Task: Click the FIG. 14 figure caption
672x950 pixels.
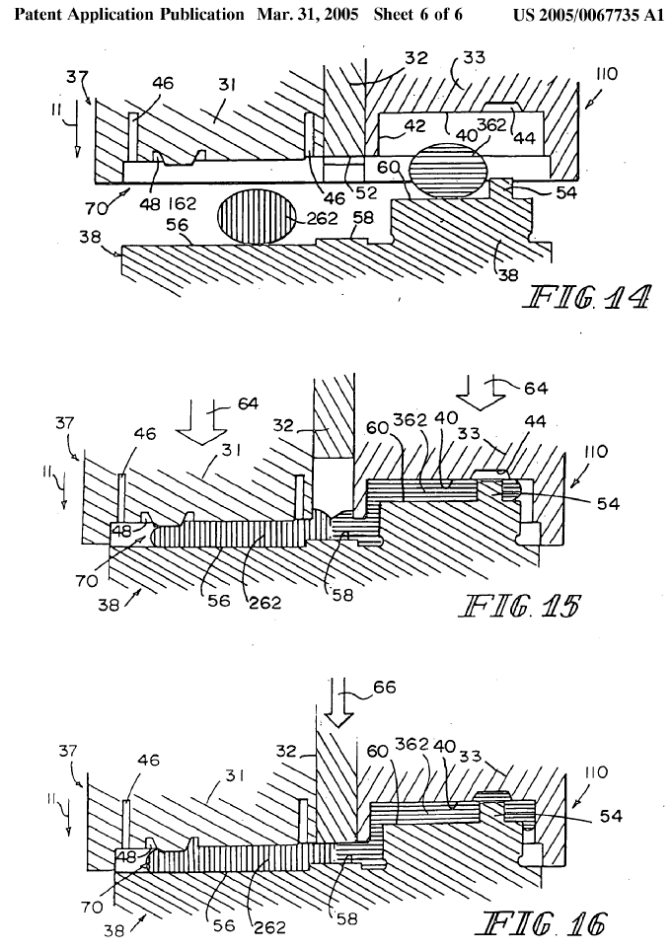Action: coord(589,297)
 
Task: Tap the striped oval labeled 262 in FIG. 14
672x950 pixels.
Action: coord(255,218)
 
